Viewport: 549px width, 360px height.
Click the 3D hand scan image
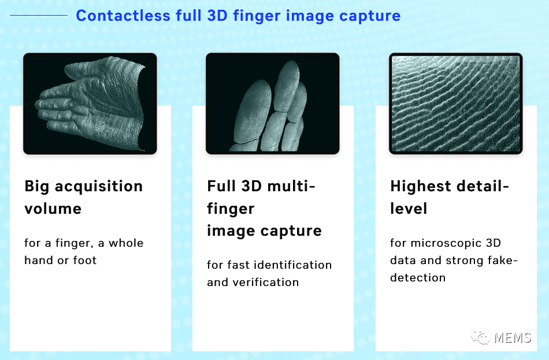click(x=90, y=104)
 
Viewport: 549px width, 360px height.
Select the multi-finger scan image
click(x=273, y=104)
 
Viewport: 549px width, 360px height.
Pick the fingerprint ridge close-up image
click(x=456, y=104)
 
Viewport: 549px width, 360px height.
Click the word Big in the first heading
click(x=36, y=186)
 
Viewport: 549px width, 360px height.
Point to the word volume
click(x=53, y=208)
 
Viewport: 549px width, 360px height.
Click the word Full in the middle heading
click(x=221, y=186)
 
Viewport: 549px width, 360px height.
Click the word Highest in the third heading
click(x=421, y=186)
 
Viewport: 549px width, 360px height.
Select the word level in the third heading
click(x=409, y=208)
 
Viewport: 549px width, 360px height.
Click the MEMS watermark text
click(x=513, y=337)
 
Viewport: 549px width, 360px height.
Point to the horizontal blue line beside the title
click(x=39, y=16)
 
